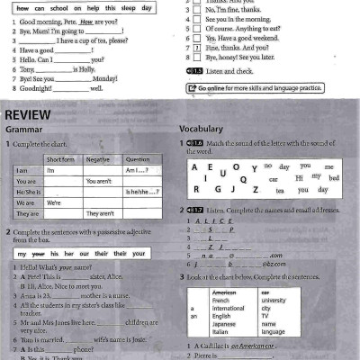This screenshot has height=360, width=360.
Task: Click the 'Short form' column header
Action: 60,158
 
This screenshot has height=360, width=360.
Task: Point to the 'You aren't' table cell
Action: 98,181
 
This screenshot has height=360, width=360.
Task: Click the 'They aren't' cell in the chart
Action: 99,213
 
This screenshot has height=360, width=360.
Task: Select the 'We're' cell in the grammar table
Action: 55,202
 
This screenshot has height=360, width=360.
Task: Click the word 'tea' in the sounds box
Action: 280,190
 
